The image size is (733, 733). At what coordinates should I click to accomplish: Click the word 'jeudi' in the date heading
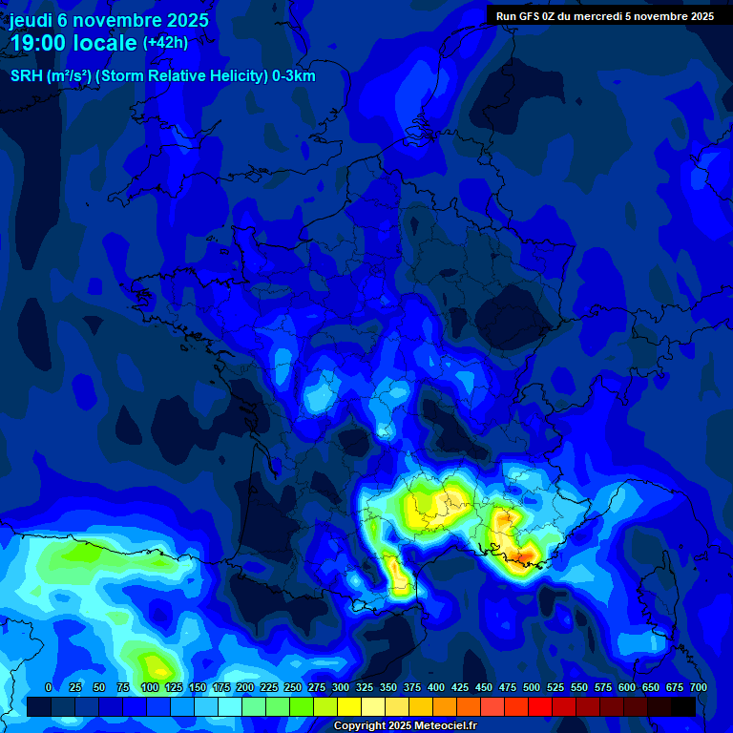pyautogui.click(x=31, y=19)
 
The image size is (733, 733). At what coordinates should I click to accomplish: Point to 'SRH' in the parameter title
pyautogui.click(x=26, y=76)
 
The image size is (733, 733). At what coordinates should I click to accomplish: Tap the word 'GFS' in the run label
pyautogui.click(x=532, y=15)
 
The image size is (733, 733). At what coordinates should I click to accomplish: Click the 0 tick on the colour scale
pyautogui.click(x=48, y=687)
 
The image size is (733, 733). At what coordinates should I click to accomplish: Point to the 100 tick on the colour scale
pyautogui.click(x=149, y=687)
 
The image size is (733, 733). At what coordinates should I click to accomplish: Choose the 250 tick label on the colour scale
pyautogui.click(x=293, y=687)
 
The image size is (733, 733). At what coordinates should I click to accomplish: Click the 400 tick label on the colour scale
pyautogui.click(x=436, y=687)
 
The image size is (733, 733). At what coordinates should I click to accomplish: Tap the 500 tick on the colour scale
pyautogui.click(x=532, y=687)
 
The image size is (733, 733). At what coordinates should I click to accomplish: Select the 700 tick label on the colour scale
pyautogui.click(x=698, y=687)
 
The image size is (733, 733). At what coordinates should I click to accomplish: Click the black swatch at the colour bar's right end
pyautogui.click(x=683, y=706)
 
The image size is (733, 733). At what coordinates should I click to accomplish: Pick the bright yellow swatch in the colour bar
pyautogui.click(x=349, y=706)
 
